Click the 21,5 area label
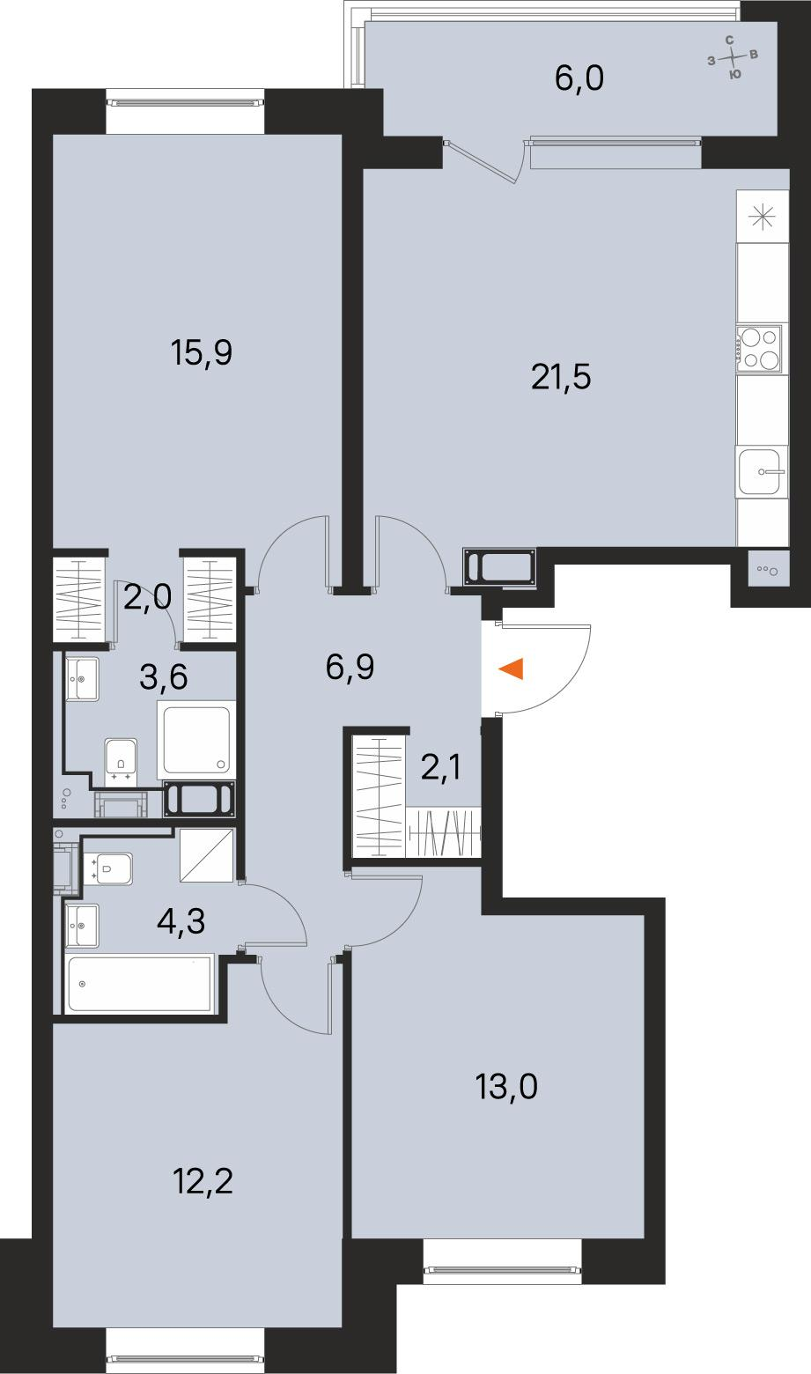point(560,377)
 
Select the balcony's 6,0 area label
point(579,79)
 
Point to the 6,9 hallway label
point(350,668)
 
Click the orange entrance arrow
point(512,669)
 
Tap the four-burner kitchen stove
point(759,347)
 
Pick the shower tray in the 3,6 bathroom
point(196,739)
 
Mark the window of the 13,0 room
point(502,1268)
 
